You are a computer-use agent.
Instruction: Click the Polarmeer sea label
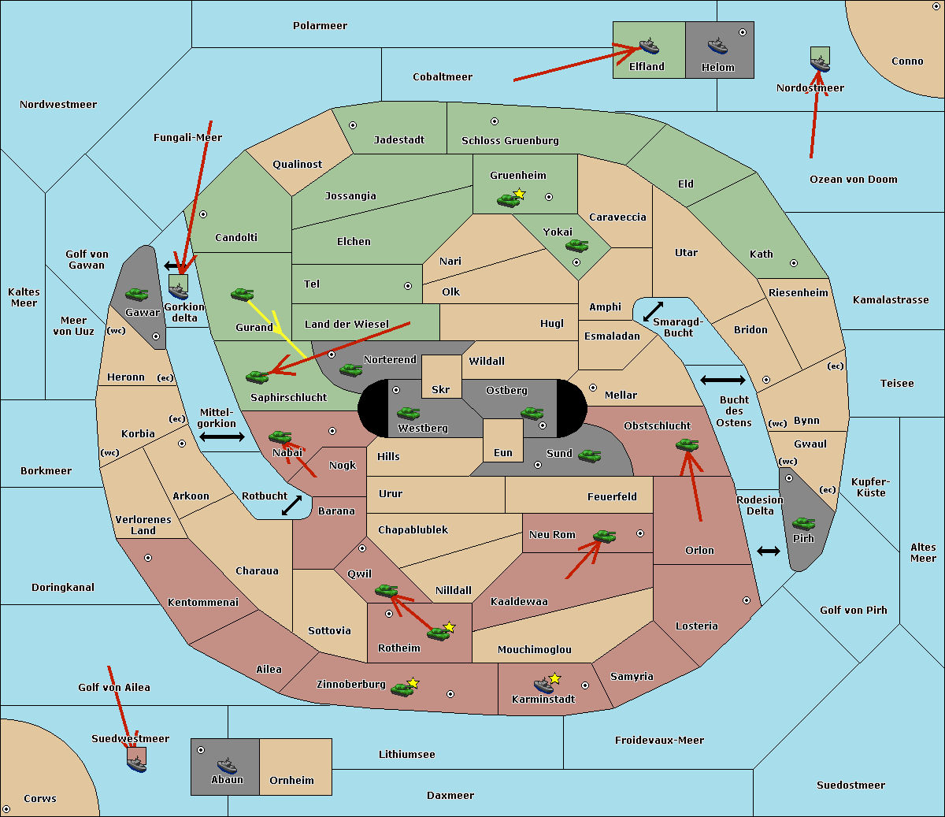pyautogui.click(x=320, y=26)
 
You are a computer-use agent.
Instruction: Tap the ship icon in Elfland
pyautogui.click(x=648, y=45)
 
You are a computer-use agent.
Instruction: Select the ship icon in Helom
pyautogui.click(x=717, y=45)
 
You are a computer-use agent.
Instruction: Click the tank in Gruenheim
pyautogui.click(x=508, y=200)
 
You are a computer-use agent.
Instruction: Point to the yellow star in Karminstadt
pyautogui.click(x=555, y=678)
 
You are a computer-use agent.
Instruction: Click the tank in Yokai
pyautogui.click(x=576, y=246)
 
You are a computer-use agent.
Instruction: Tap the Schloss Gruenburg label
pyautogui.click(x=510, y=141)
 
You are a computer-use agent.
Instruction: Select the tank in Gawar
pyautogui.click(x=136, y=294)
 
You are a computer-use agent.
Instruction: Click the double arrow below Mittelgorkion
pyautogui.click(x=222, y=436)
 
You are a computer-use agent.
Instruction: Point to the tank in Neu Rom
pyautogui.click(x=604, y=537)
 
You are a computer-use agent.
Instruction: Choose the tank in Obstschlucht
pyautogui.click(x=687, y=444)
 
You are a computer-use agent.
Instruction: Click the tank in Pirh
pyautogui.click(x=803, y=523)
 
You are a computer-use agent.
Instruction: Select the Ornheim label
pyautogui.click(x=291, y=781)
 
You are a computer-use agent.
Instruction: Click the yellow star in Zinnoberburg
pyautogui.click(x=413, y=683)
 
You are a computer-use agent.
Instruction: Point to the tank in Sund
pyautogui.click(x=589, y=455)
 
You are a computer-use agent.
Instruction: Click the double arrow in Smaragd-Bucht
pyautogui.click(x=654, y=311)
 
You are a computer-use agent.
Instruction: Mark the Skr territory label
pyautogui.click(x=440, y=390)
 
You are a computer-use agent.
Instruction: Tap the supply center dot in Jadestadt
pyautogui.click(x=353, y=124)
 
